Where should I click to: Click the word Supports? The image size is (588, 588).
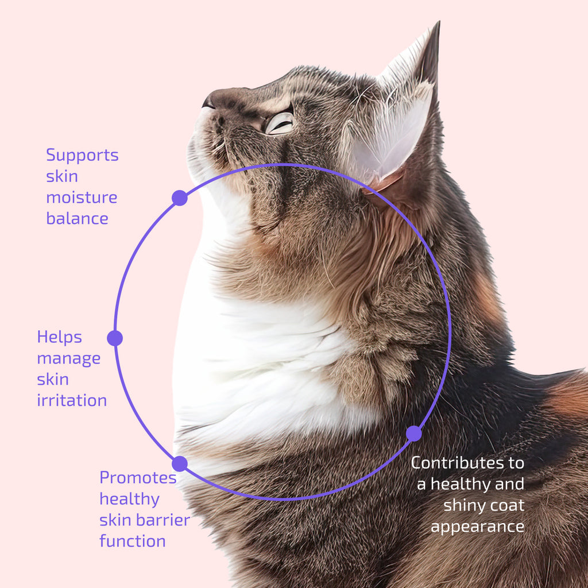[82, 156]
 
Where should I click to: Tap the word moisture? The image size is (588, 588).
[82, 198]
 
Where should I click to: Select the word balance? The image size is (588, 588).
[78, 218]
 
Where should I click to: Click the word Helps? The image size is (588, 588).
[59, 338]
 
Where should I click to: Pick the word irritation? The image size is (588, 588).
[72, 400]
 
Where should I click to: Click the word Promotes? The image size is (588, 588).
[138, 478]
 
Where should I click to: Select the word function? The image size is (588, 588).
[133, 541]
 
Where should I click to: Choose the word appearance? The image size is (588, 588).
[477, 527]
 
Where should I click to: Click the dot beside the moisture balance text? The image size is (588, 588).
[180, 198]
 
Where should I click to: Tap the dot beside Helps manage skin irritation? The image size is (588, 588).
[115, 338]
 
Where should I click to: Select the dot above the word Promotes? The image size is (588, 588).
[180, 464]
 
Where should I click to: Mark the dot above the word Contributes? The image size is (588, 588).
[414, 434]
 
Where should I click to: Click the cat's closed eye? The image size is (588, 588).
[280, 124]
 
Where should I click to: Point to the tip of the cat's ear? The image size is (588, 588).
[438, 22]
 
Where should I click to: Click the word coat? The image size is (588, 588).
[509, 505]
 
